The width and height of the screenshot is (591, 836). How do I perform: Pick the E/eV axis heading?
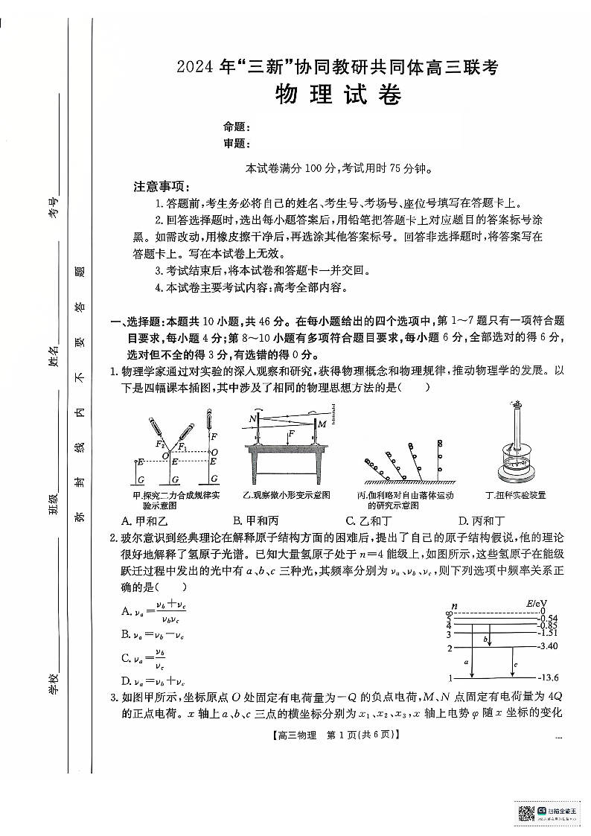[536, 602]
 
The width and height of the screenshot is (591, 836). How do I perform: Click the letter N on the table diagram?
[253, 420]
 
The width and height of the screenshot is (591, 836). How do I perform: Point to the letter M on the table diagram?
[322, 424]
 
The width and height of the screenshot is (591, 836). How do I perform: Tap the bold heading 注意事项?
[162, 186]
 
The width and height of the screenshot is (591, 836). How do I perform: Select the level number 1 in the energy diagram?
[450, 678]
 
